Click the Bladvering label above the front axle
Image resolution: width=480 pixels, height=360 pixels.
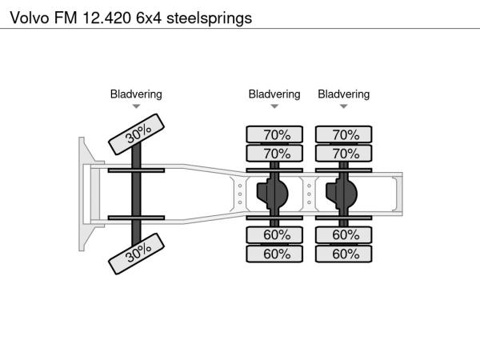[x=136, y=94]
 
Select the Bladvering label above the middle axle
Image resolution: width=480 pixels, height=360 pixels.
[x=274, y=94]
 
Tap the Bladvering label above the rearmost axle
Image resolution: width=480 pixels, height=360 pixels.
[x=344, y=94]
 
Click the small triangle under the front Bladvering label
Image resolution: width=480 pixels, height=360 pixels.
[x=136, y=106]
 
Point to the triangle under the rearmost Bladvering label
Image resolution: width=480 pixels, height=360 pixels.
[x=344, y=106]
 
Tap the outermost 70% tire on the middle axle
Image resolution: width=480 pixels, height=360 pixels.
[x=274, y=134]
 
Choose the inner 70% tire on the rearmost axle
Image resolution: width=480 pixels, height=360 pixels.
[x=344, y=153]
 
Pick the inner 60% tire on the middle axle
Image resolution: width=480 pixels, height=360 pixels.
[x=274, y=235]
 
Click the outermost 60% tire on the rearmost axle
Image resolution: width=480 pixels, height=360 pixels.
[x=344, y=254]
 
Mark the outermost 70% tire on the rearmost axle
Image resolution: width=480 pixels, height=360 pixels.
[x=344, y=134]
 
